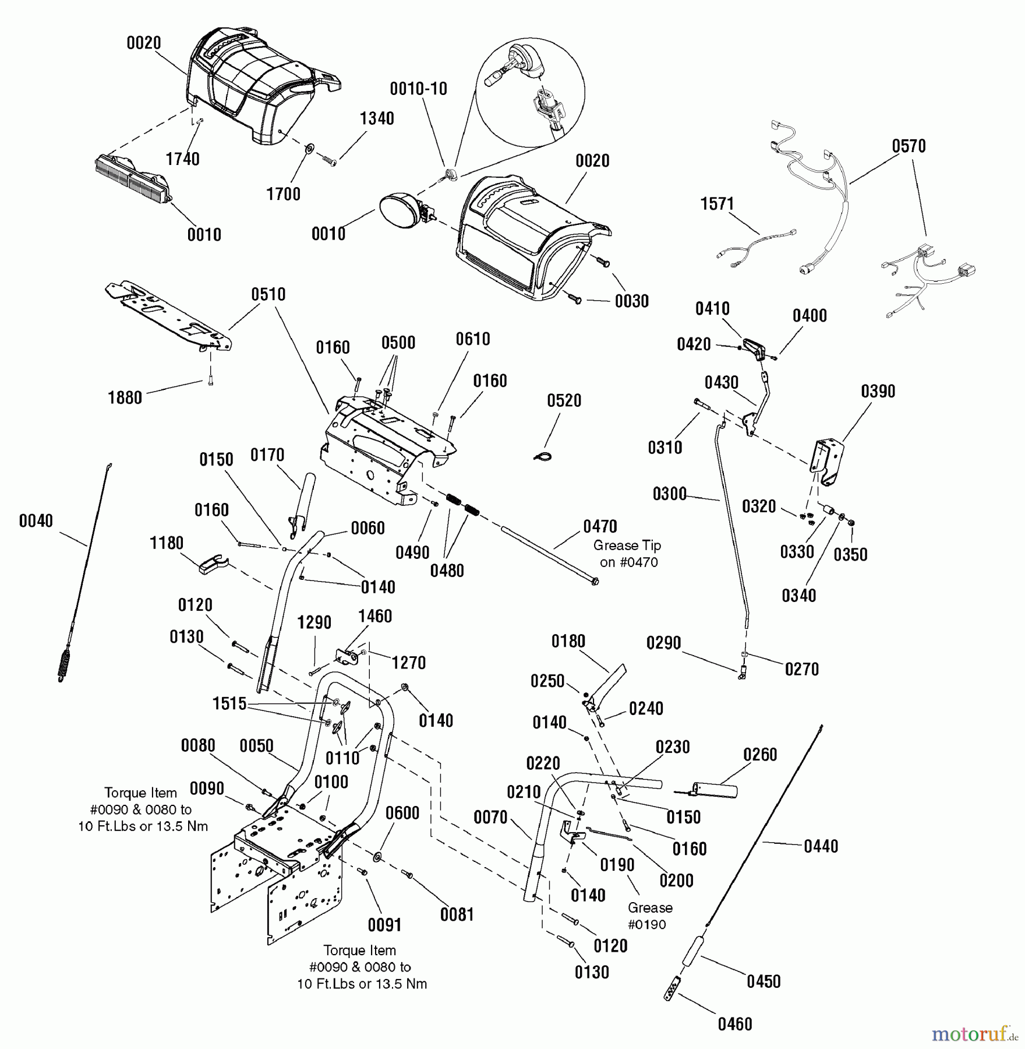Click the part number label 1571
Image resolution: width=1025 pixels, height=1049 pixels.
[717, 204]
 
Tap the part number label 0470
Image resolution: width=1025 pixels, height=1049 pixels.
[600, 526]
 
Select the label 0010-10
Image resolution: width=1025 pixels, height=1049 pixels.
[418, 89]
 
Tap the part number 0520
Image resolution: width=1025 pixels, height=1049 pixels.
[564, 400]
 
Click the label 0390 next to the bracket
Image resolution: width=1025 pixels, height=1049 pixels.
[878, 391]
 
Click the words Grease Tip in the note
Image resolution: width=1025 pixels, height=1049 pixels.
[627, 545]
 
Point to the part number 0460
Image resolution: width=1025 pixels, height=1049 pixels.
[735, 1024]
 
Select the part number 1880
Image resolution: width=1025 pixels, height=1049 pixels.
[125, 397]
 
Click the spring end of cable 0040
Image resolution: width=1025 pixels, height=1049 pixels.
[65, 664]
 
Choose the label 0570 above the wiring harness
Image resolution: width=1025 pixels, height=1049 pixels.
[909, 146]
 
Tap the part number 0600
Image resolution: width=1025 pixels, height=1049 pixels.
[402, 813]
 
